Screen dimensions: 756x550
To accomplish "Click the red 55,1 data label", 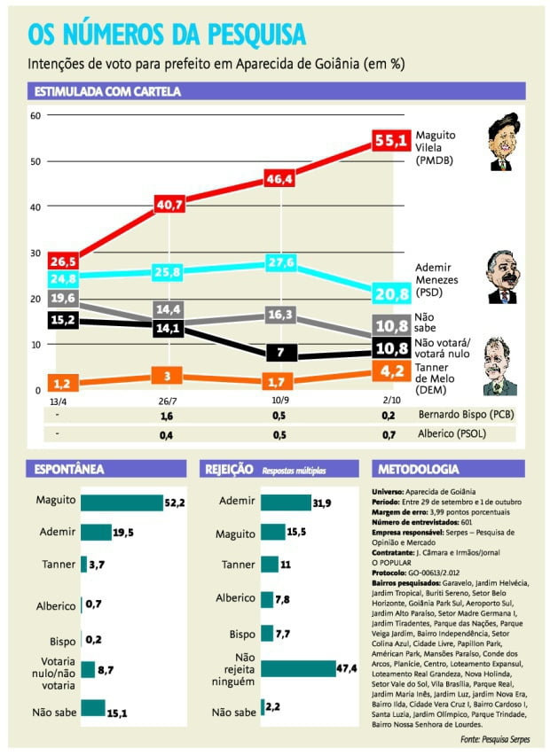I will [x=390, y=140].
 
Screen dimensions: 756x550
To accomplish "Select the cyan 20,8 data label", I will [x=391, y=294].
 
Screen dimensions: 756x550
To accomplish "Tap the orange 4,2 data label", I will [x=391, y=372].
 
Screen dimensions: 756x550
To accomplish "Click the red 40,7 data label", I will [x=169, y=205].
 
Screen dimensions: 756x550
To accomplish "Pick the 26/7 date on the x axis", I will [x=169, y=401].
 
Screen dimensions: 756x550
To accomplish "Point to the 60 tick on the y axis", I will [x=36, y=116].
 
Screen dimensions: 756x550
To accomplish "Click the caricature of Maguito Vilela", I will [x=502, y=142].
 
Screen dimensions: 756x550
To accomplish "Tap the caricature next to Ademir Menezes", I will [x=502, y=277].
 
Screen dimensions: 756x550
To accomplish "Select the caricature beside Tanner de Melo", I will [x=499, y=367].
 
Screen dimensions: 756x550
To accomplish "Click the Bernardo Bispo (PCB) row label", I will [x=467, y=414].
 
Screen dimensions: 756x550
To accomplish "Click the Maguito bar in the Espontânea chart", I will [x=122, y=503].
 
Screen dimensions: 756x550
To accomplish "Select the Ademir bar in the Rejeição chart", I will [x=273, y=503].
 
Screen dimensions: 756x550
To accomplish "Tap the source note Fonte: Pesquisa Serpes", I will [x=492, y=738].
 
